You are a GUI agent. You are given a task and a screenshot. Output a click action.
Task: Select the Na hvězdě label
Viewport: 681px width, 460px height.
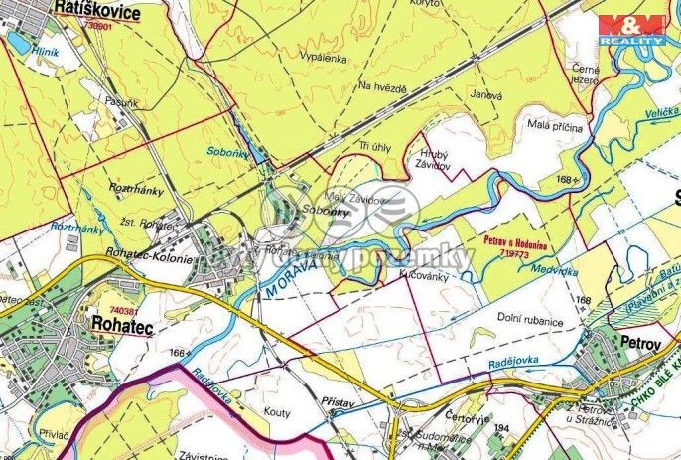[x=383, y=86]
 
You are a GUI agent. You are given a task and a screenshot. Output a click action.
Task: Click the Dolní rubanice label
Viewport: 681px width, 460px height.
[x=530, y=320]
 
